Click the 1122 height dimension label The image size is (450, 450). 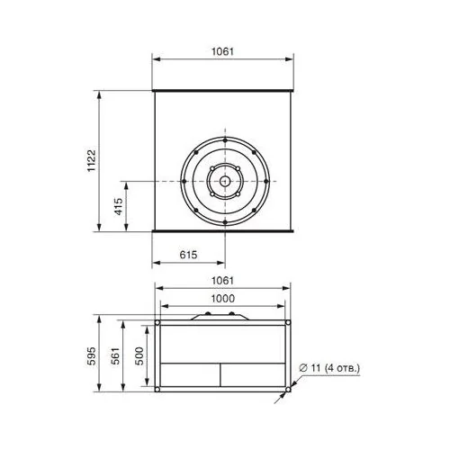pos(91,160)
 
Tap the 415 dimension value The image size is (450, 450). pos(119,206)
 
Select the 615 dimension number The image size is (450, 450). pos(188,255)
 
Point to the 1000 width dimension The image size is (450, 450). pos(223,299)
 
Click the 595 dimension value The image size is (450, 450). pos(91,355)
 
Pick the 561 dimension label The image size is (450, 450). pos(115,355)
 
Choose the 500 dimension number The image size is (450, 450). pos(139,355)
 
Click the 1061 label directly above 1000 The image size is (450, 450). pos(222,281)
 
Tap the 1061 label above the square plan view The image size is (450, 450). pos(222,51)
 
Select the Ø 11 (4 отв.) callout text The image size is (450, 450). pos(329,367)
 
